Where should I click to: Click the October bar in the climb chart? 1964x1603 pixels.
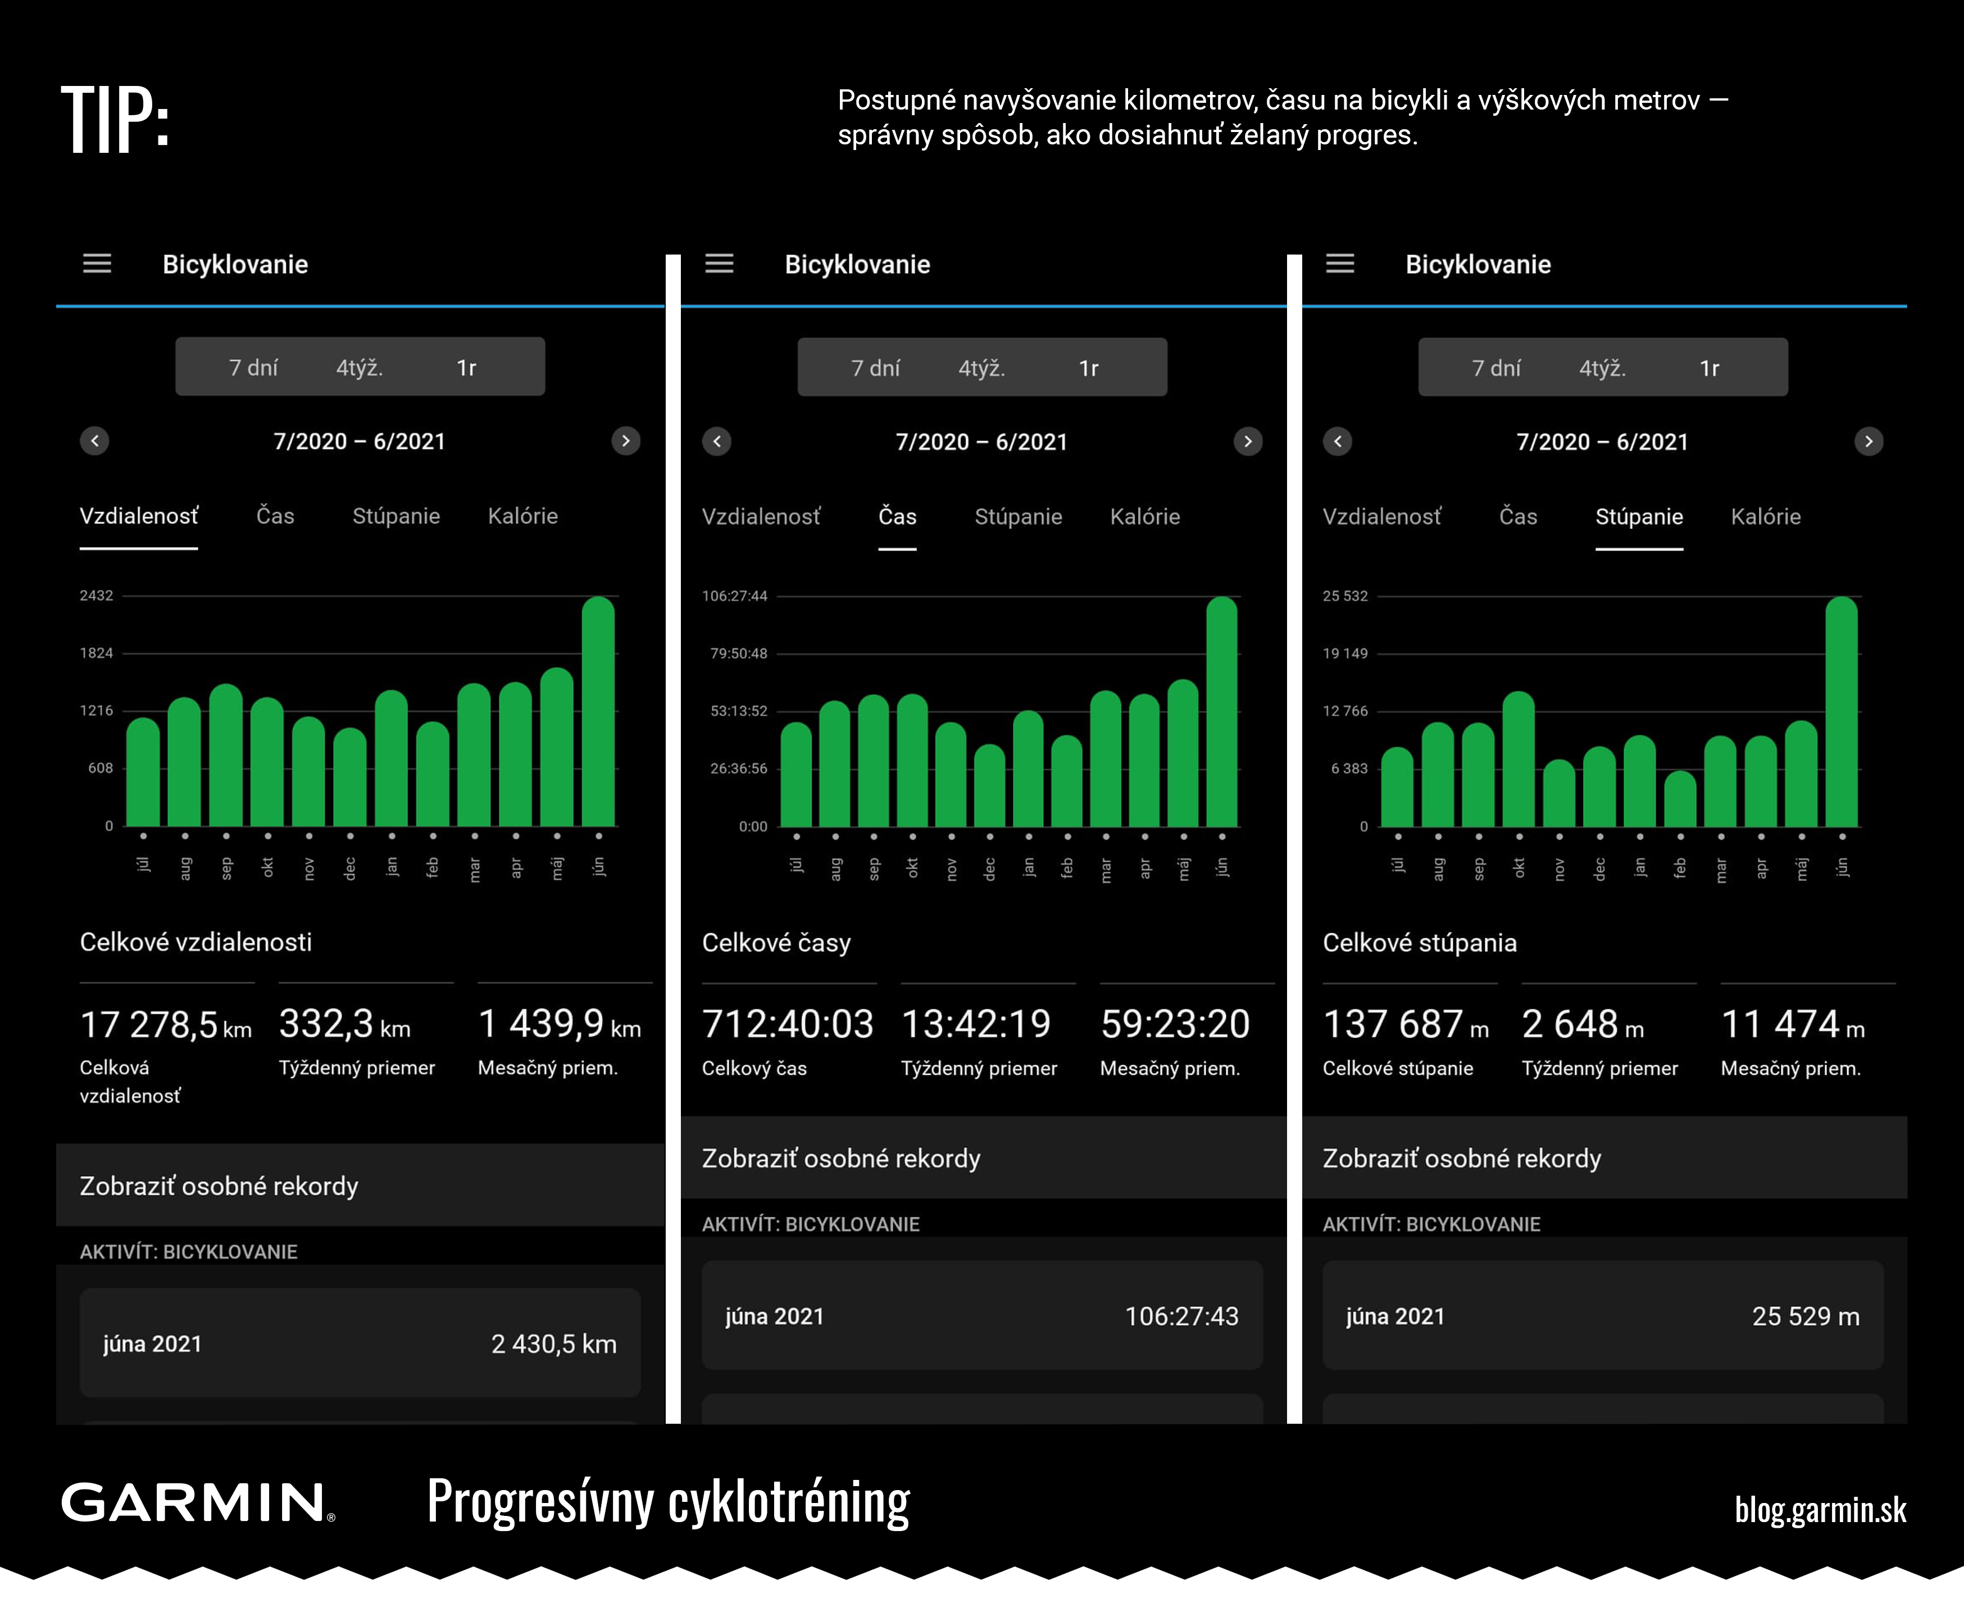click(1519, 759)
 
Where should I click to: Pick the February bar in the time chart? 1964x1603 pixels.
click(1067, 781)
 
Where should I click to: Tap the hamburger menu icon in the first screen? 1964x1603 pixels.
click(97, 264)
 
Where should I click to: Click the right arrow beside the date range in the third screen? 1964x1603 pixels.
click(1869, 442)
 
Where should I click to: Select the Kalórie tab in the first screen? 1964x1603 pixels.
click(522, 516)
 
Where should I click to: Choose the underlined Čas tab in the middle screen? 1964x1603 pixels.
click(898, 516)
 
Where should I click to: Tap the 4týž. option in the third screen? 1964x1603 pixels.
click(1602, 369)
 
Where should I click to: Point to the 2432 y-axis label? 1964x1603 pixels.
click(96, 596)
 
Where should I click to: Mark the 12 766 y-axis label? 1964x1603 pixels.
click(1345, 711)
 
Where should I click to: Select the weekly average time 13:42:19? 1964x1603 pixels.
click(976, 1024)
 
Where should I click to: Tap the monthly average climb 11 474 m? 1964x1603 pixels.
click(1793, 1024)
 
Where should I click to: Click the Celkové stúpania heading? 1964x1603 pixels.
click(1419, 943)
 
